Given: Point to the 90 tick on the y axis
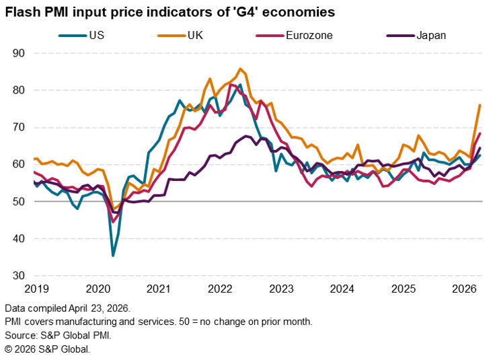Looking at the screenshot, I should pyautogui.click(x=19, y=53).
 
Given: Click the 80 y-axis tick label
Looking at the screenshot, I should pyautogui.click(x=19, y=90).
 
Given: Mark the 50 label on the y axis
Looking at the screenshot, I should pyautogui.click(x=19, y=202).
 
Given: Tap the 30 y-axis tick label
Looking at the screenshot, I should pyautogui.click(x=19, y=276).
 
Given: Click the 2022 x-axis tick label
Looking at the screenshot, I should pyautogui.click(x=220, y=289).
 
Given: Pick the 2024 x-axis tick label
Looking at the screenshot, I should pyautogui.click(x=342, y=289).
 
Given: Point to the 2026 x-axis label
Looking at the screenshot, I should pyautogui.click(x=464, y=289).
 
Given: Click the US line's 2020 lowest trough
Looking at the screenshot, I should pyautogui.click(x=113, y=255).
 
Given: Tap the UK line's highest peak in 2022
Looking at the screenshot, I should pyautogui.click(x=240, y=69).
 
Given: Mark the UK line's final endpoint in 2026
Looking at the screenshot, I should pyautogui.click(x=480, y=105).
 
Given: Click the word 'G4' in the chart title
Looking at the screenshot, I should pyautogui.click(x=260, y=13).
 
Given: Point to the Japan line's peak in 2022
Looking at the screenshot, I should pyautogui.click(x=245, y=136).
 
